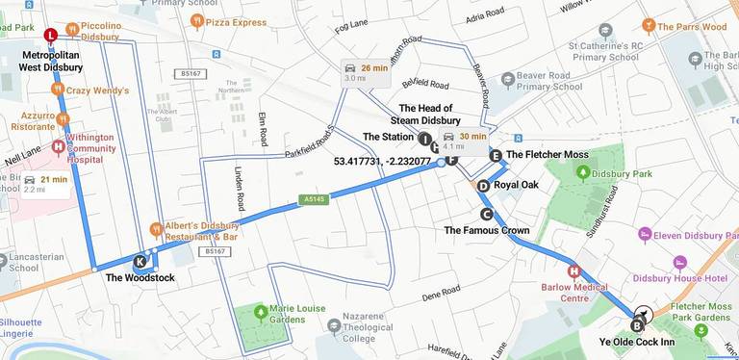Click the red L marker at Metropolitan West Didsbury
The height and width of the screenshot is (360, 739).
pyautogui.click(x=50, y=37)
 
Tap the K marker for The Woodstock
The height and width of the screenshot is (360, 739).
pyautogui.click(x=140, y=261)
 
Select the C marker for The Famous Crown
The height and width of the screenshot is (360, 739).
pyautogui.click(x=486, y=214)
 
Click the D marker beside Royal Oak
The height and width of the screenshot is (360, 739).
pyautogui.click(x=483, y=186)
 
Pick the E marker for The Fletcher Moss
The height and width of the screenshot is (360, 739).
pyautogui.click(x=495, y=155)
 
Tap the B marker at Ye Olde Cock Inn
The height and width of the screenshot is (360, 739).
pyautogui.click(x=636, y=325)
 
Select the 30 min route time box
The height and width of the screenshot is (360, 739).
pyautogui.click(x=465, y=141)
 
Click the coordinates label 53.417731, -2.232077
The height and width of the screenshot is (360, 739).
pyautogui.click(x=382, y=161)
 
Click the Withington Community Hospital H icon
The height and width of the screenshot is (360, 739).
pyautogui.click(x=58, y=147)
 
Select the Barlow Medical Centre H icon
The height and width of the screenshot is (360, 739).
pyautogui.click(x=574, y=271)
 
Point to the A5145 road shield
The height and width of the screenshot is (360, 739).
pyautogui.click(x=310, y=199)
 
